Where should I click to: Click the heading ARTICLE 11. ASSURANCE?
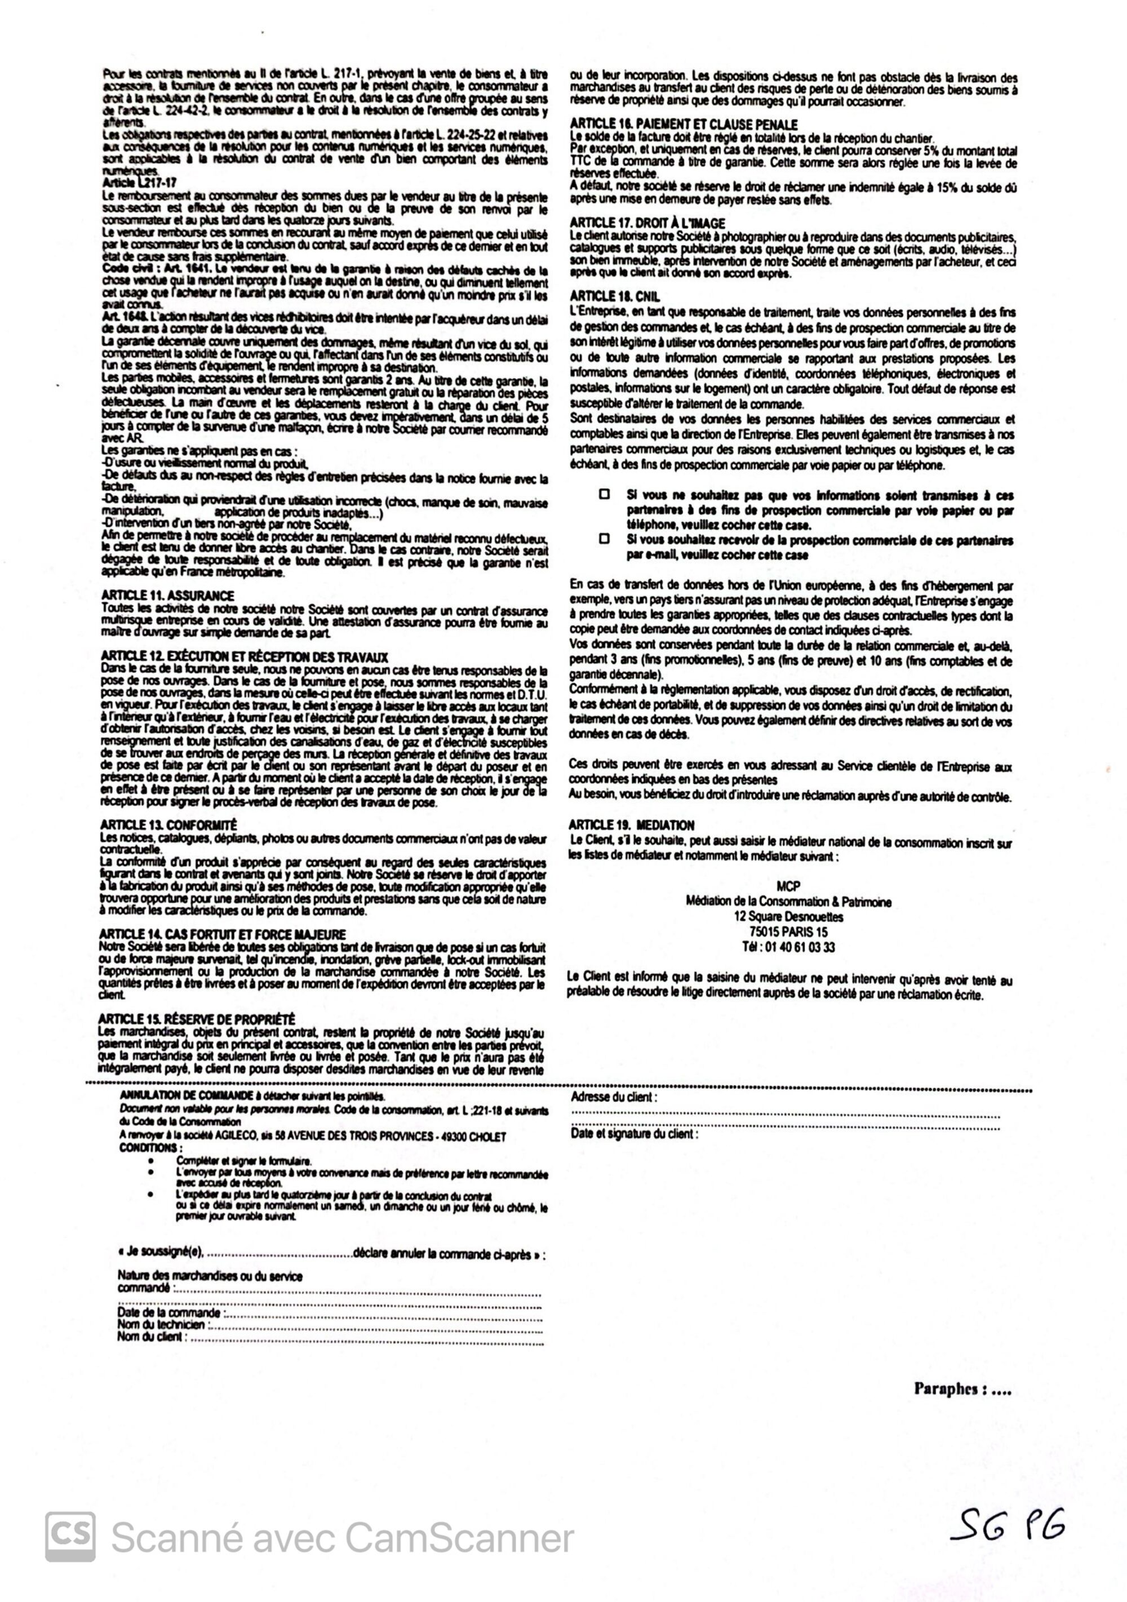click(x=167, y=595)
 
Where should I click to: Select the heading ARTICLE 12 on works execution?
click(x=244, y=656)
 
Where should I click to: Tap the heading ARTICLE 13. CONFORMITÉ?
click(x=169, y=825)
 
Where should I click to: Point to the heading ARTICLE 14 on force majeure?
click(x=223, y=934)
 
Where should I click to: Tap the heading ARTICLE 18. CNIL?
click(x=615, y=296)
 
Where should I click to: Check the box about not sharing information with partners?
click(x=604, y=494)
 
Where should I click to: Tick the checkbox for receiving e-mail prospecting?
click(x=604, y=539)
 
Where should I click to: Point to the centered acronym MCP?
click(x=788, y=886)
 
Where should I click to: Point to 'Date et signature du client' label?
click(x=633, y=1134)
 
